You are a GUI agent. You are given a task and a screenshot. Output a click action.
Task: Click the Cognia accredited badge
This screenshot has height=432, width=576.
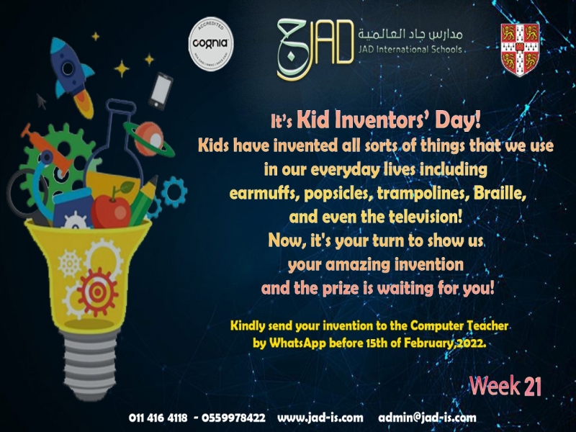coord(211,44)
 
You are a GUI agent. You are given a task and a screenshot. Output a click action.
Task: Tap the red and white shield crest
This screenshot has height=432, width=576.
coord(520,50)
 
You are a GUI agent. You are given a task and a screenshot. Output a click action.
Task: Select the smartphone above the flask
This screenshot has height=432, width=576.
coord(161,91)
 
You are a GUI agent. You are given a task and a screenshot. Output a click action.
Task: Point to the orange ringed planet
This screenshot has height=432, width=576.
coord(149,139)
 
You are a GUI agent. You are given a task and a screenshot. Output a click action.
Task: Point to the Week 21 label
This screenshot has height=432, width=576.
coord(505,386)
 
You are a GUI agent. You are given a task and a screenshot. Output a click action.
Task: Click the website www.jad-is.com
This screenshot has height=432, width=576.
coord(320,418)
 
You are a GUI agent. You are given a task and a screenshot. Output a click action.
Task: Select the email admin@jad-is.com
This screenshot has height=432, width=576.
coord(427,418)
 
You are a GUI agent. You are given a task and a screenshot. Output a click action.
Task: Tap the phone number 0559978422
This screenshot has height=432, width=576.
coord(233,418)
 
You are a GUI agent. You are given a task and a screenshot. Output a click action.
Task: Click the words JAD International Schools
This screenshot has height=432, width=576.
coord(410,49)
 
